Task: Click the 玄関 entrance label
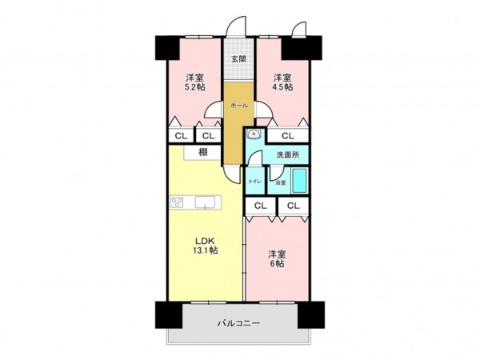point(238,59)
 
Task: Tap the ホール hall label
point(238,106)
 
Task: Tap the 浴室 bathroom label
point(280,183)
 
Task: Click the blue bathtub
point(300,180)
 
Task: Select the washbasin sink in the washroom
point(254,134)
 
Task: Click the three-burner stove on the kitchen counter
point(178,202)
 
